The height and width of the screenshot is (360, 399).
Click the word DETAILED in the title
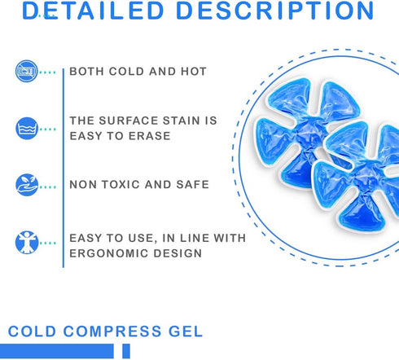click(93, 11)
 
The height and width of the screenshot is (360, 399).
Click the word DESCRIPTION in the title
click(275, 11)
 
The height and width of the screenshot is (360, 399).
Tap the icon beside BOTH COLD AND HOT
click(26, 71)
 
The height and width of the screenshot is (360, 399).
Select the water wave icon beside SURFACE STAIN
click(27, 129)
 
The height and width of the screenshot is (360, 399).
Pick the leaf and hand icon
click(27, 185)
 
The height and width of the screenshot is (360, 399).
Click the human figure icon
click(27, 243)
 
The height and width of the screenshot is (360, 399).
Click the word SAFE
click(192, 185)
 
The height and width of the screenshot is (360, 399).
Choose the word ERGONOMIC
click(108, 253)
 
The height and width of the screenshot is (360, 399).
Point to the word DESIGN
click(178, 253)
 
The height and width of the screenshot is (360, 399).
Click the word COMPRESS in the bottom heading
click(112, 331)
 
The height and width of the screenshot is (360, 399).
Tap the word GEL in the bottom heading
click(186, 331)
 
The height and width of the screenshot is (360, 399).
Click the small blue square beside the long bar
click(126, 351)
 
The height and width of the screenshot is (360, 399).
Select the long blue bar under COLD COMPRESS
click(57, 351)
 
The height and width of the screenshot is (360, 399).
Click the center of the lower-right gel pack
click(361, 177)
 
